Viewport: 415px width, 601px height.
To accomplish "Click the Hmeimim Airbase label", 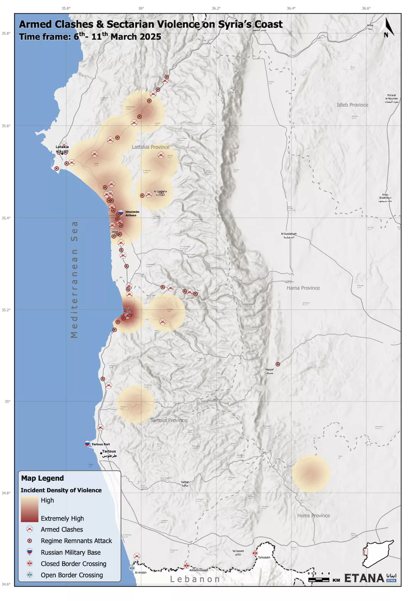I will tap(132, 214).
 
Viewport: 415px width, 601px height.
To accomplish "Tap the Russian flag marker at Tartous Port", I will tap(87, 444).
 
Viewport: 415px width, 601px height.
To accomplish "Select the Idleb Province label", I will tap(352, 105).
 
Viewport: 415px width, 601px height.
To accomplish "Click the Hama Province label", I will tap(303, 288).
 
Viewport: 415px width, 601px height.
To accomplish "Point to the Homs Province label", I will tap(313, 515).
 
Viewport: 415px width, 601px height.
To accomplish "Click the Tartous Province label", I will tap(168, 420).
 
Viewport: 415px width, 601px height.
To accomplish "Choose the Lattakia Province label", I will tap(151, 147).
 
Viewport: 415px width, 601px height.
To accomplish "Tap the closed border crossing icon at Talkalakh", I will tap(255, 553).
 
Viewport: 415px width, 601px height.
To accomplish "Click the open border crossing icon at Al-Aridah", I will tap(132, 568).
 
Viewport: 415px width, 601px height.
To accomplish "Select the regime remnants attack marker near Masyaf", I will tap(278, 364).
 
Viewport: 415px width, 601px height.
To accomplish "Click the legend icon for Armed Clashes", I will tap(30, 529).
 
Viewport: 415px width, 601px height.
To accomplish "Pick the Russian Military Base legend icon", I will tap(30, 552).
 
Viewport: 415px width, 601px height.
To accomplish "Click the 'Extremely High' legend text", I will tap(62, 518).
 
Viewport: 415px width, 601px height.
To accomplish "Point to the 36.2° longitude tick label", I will tap(216, 8).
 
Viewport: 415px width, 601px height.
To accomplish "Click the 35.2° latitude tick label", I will tap(7, 310).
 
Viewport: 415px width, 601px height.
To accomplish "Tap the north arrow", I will tap(387, 27).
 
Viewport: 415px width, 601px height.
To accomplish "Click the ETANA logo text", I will tap(364, 579).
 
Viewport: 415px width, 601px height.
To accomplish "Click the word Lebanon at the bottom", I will tap(195, 579).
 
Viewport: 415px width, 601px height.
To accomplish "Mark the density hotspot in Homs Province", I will tap(311, 473).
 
